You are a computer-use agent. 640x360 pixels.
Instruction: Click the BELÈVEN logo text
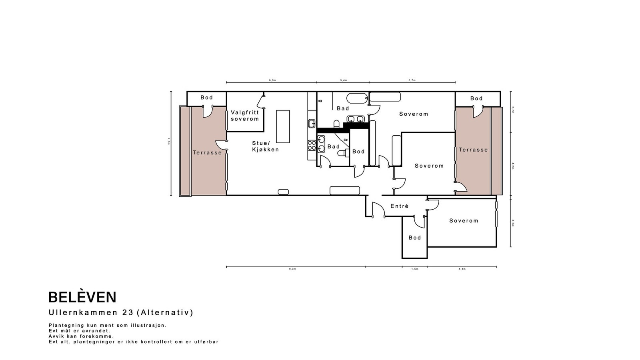82,297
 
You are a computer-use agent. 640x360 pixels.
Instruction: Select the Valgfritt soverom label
245,116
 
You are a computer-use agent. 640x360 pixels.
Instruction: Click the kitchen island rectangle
283,126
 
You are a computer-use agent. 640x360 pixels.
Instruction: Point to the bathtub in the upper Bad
357,98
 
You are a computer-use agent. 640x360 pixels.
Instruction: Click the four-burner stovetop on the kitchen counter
312,145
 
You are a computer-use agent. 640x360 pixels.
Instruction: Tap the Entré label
399,206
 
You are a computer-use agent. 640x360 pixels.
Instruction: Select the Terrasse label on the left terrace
207,152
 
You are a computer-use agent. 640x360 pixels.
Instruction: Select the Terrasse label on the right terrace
473,150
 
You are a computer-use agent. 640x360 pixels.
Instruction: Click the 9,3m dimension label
292,269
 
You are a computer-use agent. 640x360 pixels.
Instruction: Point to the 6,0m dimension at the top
272,80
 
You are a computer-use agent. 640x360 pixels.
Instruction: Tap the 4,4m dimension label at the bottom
462,269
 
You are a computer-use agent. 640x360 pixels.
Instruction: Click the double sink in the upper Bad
355,119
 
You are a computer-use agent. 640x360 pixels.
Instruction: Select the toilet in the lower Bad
342,153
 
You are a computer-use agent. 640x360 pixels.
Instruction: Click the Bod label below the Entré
414,238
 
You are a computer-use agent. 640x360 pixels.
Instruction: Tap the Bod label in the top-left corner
206,98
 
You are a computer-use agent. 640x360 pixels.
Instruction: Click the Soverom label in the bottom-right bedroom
463,220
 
